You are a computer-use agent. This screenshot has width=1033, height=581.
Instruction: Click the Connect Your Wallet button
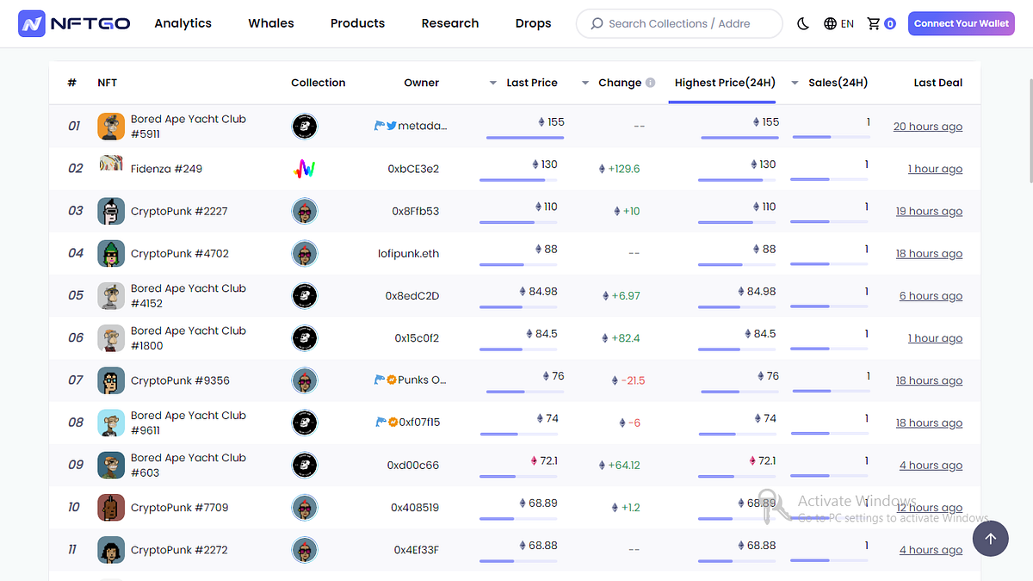[961, 24]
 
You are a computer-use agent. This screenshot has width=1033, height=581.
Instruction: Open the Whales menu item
[271, 23]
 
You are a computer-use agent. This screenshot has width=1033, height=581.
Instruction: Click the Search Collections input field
[679, 24]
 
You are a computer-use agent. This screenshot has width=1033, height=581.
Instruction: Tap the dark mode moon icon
[803, 24]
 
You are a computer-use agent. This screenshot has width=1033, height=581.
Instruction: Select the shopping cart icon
[874, 24]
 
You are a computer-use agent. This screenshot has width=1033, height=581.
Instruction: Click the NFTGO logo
[75, 24]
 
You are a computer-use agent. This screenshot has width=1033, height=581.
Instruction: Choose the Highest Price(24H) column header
[725, 83]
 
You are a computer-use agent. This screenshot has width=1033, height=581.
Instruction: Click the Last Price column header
[531, 83]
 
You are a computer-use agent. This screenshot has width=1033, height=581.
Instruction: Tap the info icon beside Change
[651, 83]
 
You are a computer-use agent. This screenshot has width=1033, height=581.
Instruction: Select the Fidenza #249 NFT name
[166, 169]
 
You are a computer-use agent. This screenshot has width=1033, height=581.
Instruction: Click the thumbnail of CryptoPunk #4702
[111, 253]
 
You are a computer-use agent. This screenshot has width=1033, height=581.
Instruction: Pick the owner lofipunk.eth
[408, 253]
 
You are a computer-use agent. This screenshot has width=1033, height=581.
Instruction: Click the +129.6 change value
[623, 169]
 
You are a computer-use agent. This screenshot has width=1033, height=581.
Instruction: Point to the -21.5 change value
[632, 380]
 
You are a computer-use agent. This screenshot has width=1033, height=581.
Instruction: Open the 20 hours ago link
[927, 127]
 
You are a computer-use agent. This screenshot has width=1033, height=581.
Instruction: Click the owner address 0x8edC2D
[412, 296]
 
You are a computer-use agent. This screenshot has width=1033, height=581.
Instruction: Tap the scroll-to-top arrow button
[991, 539]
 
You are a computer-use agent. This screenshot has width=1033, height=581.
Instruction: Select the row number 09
[76, 465]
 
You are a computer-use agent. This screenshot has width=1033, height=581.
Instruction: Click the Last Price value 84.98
[542, 292]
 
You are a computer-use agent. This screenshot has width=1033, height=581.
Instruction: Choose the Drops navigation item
[533, 23]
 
